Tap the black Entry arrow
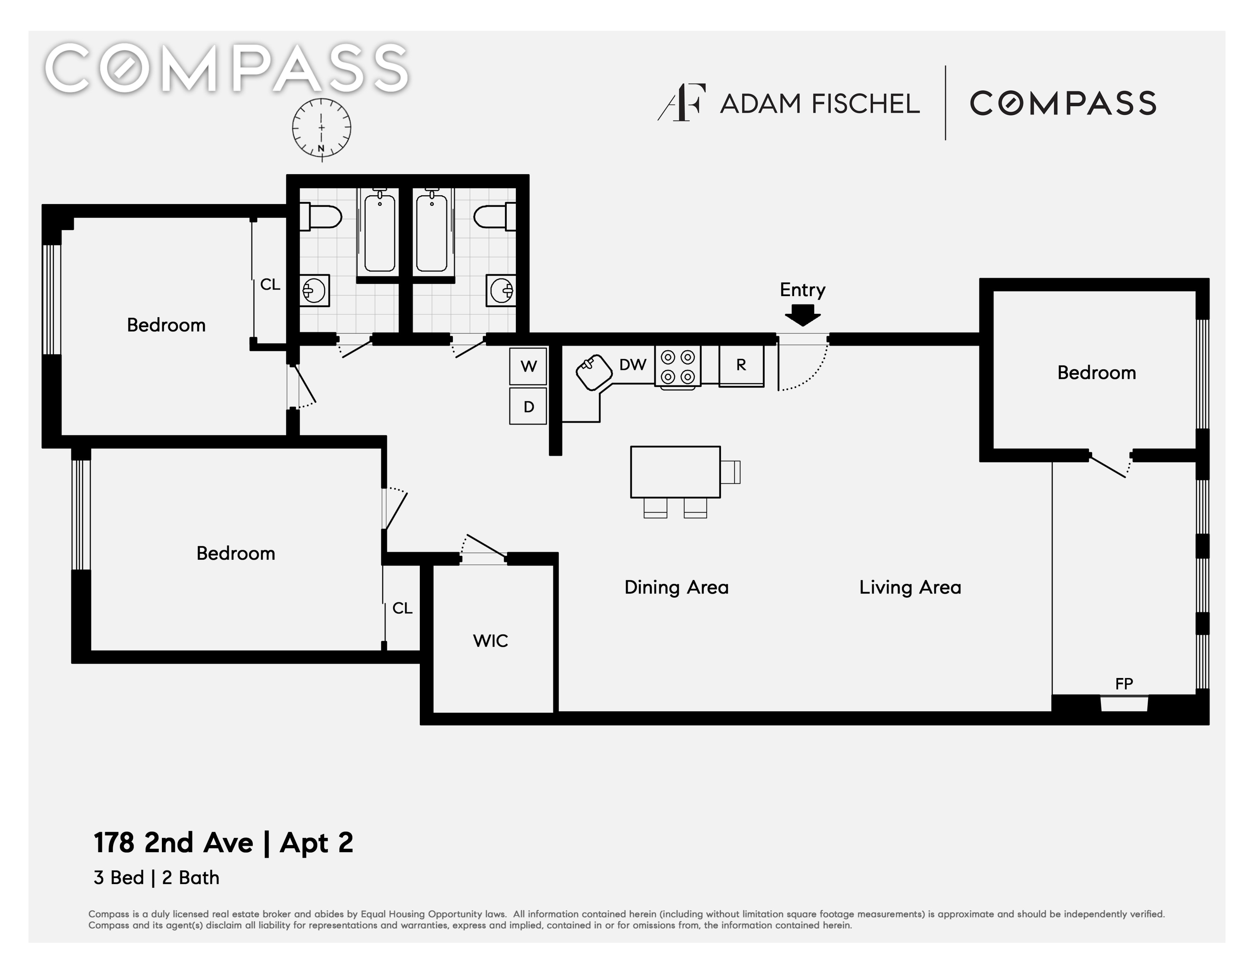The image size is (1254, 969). [803, 314]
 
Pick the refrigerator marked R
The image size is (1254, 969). [741, 365]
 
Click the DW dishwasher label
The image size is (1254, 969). [633, 365]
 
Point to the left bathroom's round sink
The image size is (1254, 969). [315, 291]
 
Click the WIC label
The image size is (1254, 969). [490, 641]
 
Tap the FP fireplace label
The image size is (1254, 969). [1124, 684]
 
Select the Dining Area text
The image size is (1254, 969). [676, 587]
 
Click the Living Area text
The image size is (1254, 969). [910, 587]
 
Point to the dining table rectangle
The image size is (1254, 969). [675, 472]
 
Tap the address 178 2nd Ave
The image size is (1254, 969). [173, 843]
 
